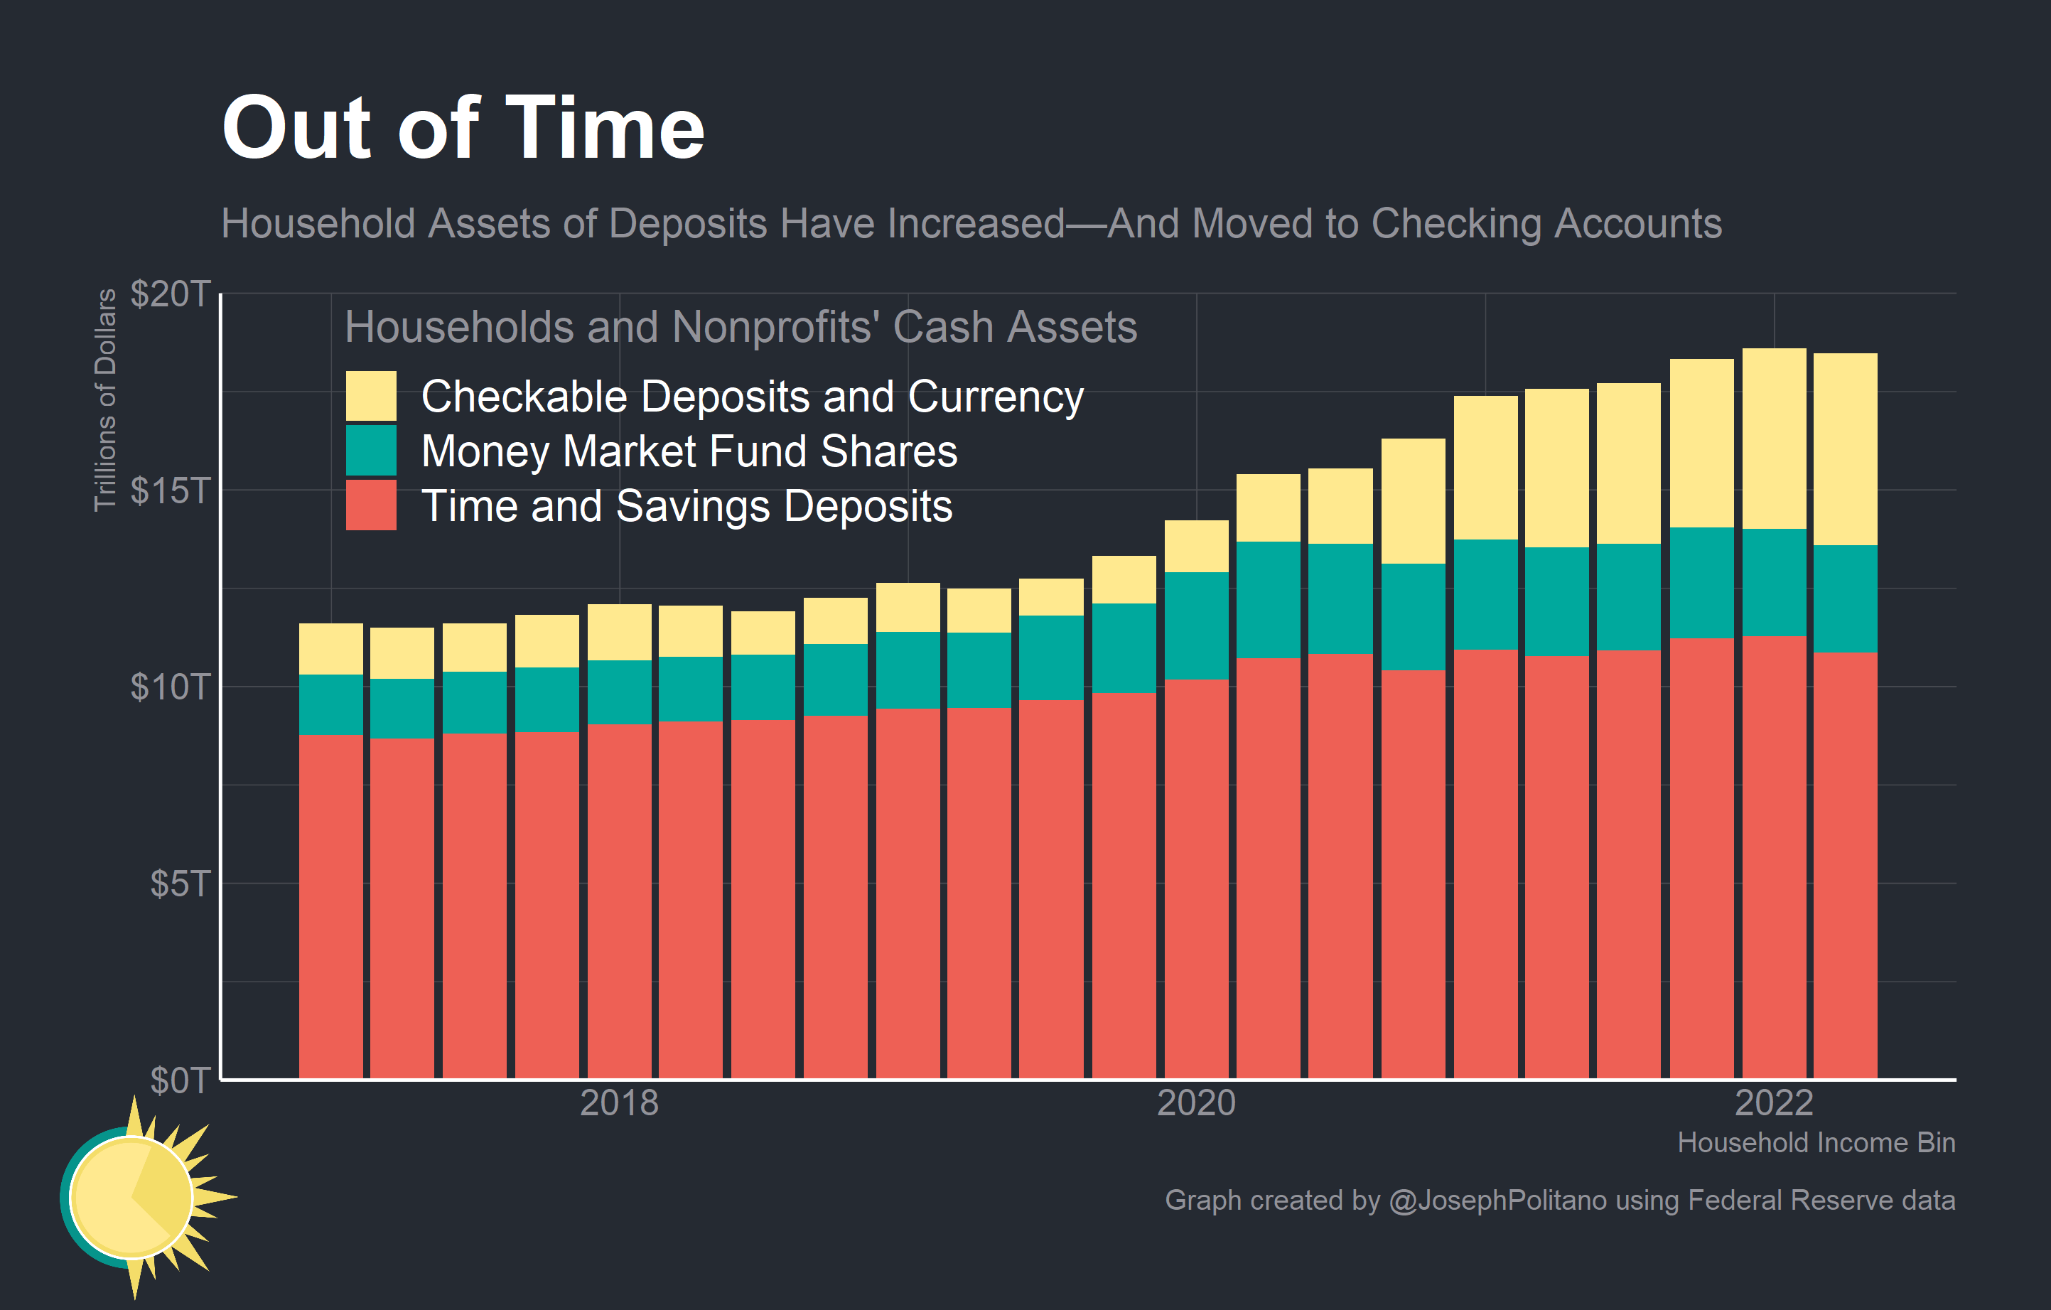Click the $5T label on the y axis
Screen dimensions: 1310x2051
coord(179,884)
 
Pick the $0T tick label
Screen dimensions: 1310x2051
coord(179,1080)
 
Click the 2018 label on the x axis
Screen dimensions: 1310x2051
coord(619,1103)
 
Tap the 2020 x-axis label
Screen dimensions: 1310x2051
coord(1196,1103)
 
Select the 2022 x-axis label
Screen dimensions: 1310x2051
coord(1773,1103)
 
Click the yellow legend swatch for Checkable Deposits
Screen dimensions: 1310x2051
coord(370,396)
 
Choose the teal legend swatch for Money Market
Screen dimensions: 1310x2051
coord(370,451)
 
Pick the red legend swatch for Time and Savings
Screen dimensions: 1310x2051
coord(370,505)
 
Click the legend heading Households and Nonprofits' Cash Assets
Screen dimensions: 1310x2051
coord(741,327)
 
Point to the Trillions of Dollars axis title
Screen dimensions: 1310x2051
coord(104,399)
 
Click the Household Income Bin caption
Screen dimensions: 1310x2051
coord(1815,1142)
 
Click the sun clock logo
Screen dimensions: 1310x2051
coord(136,1197)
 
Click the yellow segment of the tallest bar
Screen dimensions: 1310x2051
coord(1773,438)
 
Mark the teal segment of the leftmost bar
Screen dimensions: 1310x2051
coord(330,704)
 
